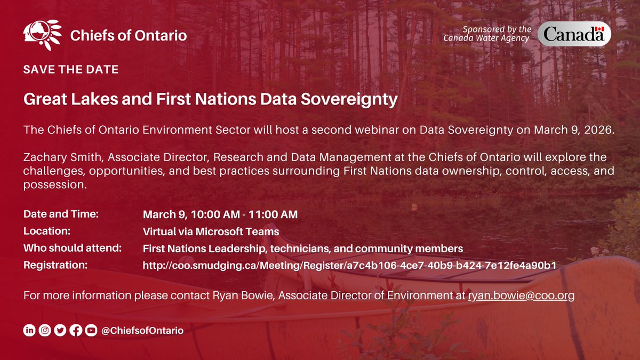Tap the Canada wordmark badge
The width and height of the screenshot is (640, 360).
573,35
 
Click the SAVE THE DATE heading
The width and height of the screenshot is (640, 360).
70,70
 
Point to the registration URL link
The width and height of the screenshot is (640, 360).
350,265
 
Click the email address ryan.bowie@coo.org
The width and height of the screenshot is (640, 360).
521,295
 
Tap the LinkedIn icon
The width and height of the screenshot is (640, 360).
29,331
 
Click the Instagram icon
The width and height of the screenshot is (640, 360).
45,331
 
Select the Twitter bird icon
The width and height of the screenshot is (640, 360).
60,331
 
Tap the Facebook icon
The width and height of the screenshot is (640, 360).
76,331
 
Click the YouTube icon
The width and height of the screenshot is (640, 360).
91,331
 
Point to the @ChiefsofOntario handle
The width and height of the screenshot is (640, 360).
142,331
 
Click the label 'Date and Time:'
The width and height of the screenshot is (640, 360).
61,214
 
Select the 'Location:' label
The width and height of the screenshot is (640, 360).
46,231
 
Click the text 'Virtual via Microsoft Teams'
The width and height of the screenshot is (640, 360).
211,231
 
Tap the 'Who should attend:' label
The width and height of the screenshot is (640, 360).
73,248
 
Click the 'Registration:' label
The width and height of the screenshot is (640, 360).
55,265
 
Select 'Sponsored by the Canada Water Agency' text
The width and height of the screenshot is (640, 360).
487,33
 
